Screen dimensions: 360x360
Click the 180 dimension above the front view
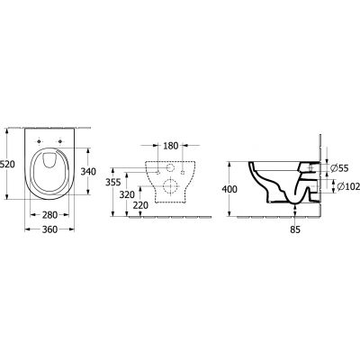point(170,145)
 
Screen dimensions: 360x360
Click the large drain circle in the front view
point(170,188)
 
